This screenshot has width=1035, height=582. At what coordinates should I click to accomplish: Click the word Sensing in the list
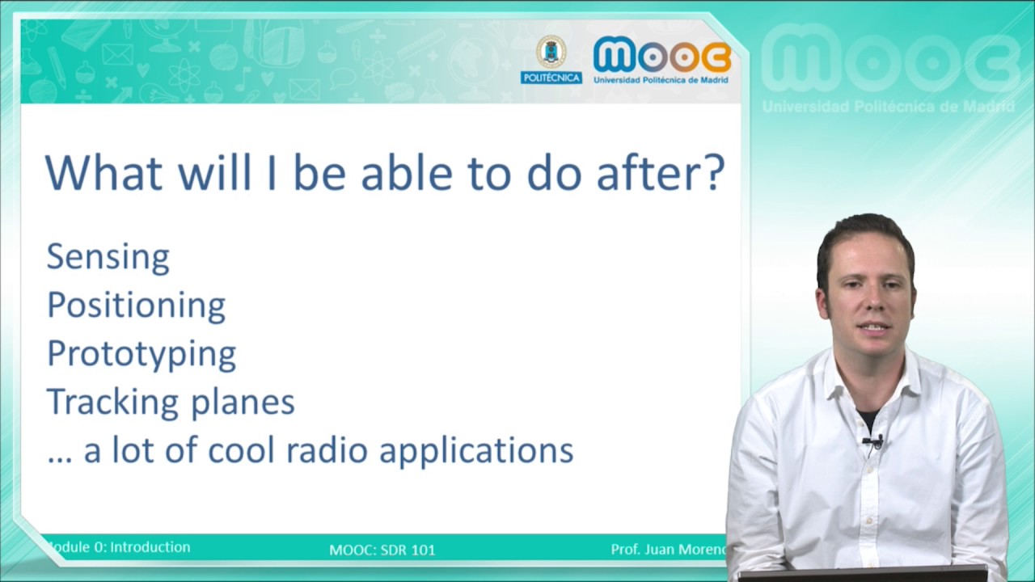(108, 257)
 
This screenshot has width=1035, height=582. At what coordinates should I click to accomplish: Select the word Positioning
(137, 306)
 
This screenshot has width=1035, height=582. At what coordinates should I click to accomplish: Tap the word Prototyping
(142, 354)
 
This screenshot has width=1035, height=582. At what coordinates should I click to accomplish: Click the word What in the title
(104, 172)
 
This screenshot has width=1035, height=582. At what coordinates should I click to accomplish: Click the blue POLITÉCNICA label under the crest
(551, 78)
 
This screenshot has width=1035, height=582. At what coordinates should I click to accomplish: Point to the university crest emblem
(551, 52)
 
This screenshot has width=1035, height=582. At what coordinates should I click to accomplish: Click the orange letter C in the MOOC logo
(716, 57)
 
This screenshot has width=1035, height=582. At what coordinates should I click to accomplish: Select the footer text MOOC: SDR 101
(382, 550)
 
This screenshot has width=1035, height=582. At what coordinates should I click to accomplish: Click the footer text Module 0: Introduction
(118, 547)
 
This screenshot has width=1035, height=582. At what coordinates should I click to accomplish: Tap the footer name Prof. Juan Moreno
(669, 549)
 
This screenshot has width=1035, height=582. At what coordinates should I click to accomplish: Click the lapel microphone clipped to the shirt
(873, 442)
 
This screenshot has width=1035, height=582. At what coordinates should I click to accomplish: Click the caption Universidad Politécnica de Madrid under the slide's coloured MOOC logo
(661, 80)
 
